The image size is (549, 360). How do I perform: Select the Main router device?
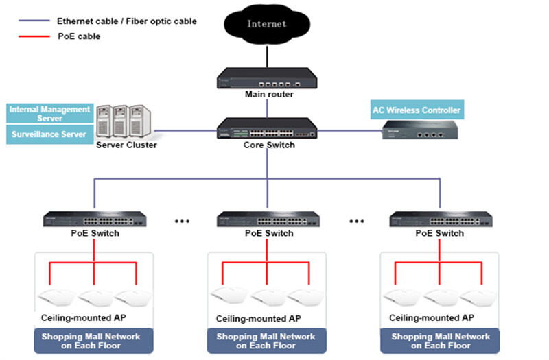(x=267, y=77)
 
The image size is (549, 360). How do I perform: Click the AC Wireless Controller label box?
(x=417, y=110)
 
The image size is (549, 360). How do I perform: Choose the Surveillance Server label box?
(x=49, y=134)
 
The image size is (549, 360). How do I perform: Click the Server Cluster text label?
(x=126, y=145)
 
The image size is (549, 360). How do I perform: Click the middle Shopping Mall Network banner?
(x=266, y=341)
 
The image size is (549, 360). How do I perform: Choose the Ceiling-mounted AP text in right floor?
(x=431, y=318)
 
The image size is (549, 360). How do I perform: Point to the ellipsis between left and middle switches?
(x=183, y=221)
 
